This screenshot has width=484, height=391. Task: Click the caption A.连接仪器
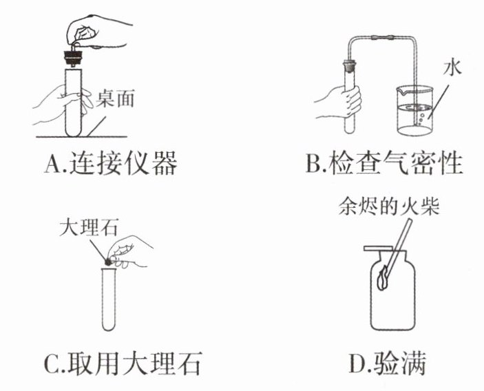click(111, 163)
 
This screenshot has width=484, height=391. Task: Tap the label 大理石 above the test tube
click(89, 227)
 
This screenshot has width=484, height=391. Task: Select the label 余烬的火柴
click(388, 206)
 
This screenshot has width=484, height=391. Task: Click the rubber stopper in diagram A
click(73, 58)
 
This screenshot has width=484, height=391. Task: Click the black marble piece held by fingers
click(108, 262)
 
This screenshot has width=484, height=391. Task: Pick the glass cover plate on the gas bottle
click(378, 248)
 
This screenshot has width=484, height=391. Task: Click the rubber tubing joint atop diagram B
click(383, 38)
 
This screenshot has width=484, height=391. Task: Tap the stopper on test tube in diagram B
click(350, 65)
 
